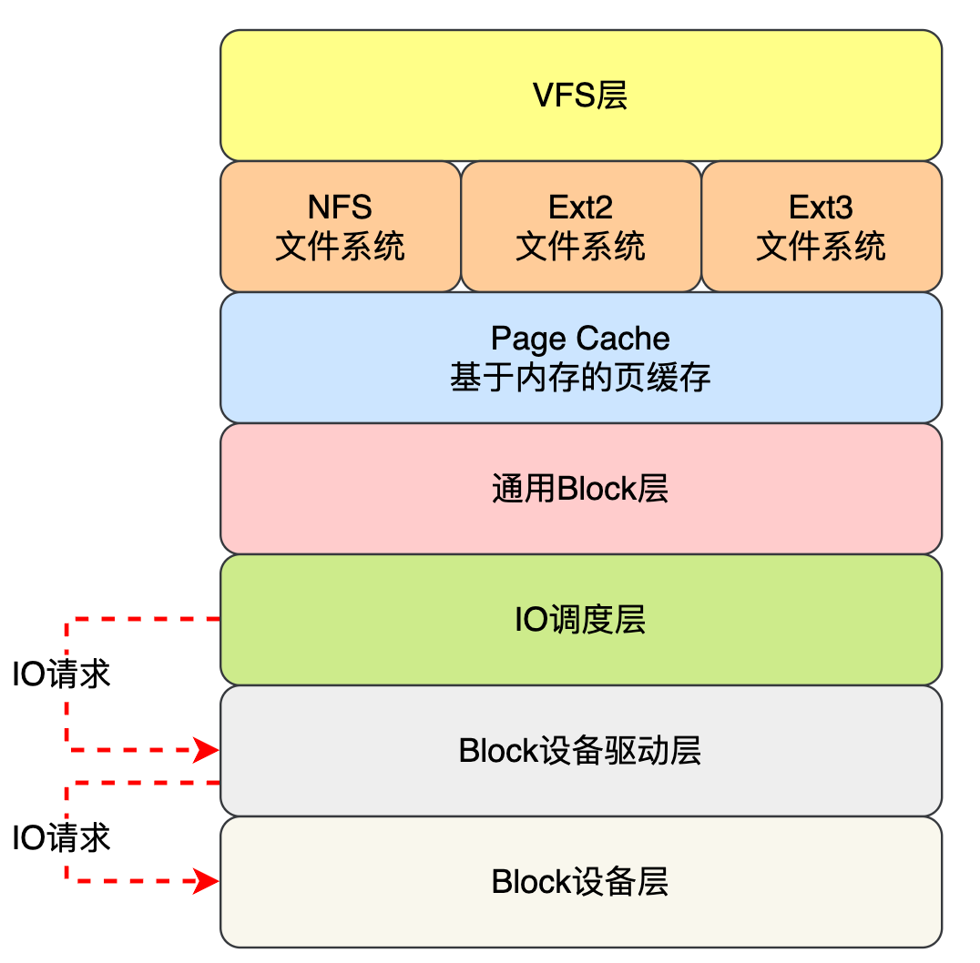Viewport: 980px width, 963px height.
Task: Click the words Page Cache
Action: pos(580,339)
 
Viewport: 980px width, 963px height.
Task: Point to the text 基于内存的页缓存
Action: pos(580,378)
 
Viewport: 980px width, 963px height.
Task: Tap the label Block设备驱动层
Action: pos(580,751)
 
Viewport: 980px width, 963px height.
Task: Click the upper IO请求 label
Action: pos(61,674)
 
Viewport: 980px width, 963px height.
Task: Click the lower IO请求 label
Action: pos(61,837)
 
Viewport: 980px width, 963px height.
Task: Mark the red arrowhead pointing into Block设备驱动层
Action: pos(208,751)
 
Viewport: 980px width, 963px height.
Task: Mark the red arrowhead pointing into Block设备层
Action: pos(208,881)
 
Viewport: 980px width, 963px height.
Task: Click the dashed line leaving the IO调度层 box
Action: pos(146,620)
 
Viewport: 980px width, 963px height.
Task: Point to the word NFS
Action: pos(340,208)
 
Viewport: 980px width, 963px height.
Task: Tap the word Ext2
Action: pos(580,208)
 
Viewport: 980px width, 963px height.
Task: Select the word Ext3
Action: pos(821,208)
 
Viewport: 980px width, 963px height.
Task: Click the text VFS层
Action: pos(580,96)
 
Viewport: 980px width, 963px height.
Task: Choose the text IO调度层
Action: pos(580,620)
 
